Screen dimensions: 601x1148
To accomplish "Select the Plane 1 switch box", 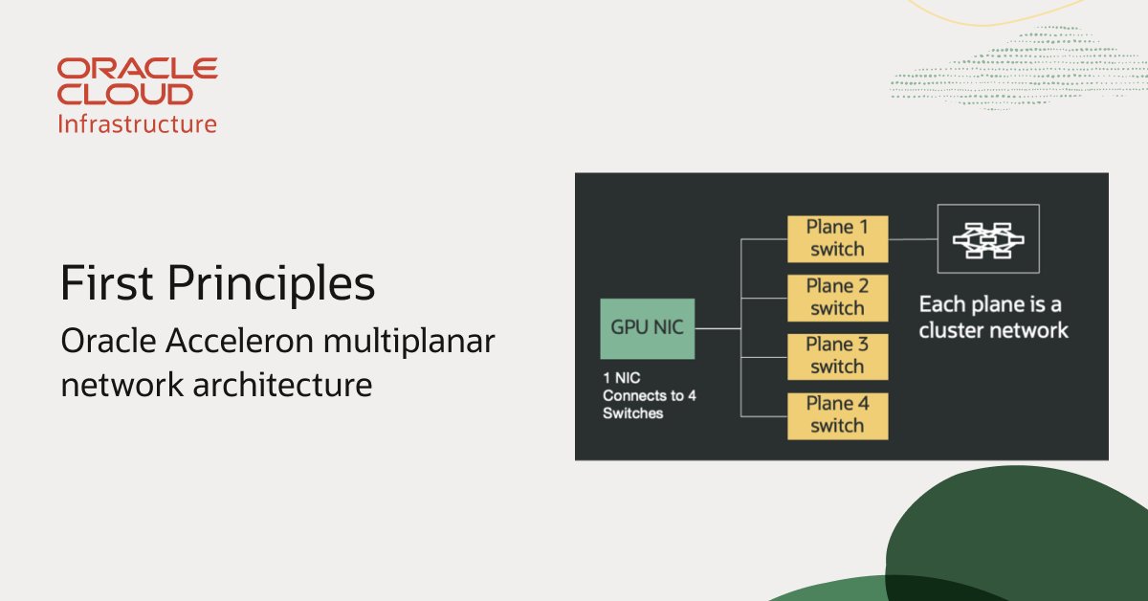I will pyautogui.click(x=837, y=238).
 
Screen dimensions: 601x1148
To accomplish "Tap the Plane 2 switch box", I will pyautogui.click(x=837, y=298).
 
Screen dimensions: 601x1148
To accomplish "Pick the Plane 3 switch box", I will pyautogui.click(x=837, y=356).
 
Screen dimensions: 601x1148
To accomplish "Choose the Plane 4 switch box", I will pyautogui.click(x=837, y=415).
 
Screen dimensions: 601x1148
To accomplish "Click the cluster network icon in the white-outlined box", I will pyautogui.click(x=988, y=238).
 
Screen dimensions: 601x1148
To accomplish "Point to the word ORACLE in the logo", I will pyautogui.click(x=138, y=70).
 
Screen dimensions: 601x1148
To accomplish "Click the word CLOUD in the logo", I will pyautogui.click(x=125, y=94).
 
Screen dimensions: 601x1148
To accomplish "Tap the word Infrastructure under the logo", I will pyautogui.click(x=138, y=123).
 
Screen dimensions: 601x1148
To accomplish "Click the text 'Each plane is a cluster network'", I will pyautogui.click(x=993, y=317).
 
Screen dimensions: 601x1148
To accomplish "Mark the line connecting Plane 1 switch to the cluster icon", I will pyautogui.click(x=913, y=238).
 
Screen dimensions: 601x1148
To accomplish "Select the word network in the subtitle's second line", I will pyautogui.click(x=111, y=386).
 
